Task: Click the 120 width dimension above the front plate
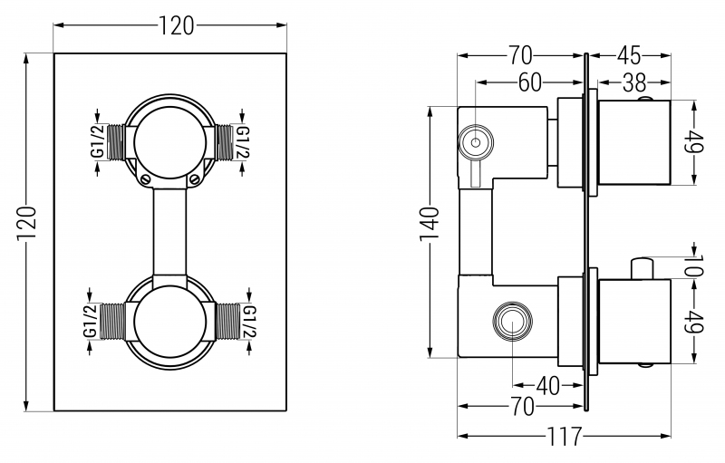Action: click(x=176, y=26)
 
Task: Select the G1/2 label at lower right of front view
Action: click(x=249, y=321)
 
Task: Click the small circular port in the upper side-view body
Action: click(x=473, y=141)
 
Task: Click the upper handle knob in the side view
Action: click(x=634, y=142)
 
